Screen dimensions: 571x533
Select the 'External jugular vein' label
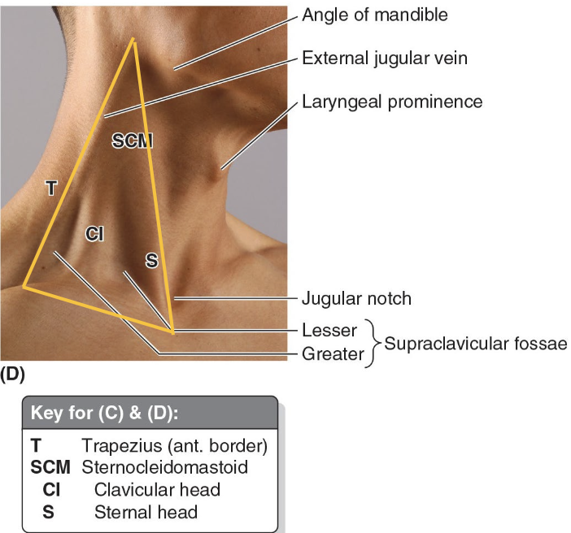384,58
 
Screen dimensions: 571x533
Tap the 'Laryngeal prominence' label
392,102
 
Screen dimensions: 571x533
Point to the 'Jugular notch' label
356,299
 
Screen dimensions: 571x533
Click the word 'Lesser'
329,331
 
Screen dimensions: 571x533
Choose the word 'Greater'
333,354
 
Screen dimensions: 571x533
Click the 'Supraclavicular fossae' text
475,343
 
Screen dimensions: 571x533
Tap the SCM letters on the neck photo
133,141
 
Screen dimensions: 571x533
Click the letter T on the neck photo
50,188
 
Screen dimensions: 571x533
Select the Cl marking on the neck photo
94,234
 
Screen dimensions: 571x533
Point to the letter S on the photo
151,260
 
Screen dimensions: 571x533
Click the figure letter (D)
13,375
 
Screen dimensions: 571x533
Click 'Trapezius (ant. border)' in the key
175,446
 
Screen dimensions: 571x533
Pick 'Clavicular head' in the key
157,490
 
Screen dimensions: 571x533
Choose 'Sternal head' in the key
146,512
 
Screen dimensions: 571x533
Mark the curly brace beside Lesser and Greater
375,343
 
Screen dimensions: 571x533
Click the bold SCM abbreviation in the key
51,468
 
